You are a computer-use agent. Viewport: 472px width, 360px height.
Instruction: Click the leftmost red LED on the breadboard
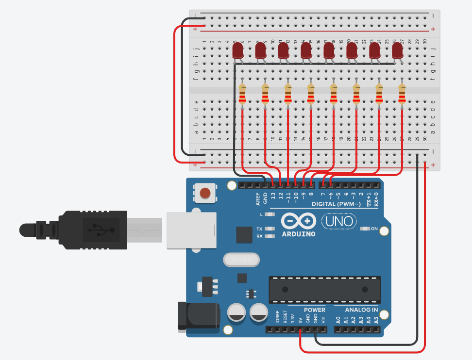click(x=238, y=50)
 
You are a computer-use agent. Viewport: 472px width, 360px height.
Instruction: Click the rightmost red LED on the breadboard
click(x=398, y=50)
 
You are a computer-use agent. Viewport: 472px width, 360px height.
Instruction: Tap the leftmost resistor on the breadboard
click(x=242, y=94)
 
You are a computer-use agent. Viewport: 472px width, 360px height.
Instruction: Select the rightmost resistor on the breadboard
click(x=402, y=94)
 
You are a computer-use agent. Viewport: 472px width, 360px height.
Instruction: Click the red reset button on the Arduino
click(x=205, y=193)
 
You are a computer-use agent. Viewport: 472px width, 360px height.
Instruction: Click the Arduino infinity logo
click(x=298, y=222)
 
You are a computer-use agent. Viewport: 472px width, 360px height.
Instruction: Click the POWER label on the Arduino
click(x=315, y=310)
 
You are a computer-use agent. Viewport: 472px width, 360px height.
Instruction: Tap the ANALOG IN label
click(x=361, y=310)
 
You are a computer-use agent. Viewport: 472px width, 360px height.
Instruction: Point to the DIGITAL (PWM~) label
click(x=336, y=204)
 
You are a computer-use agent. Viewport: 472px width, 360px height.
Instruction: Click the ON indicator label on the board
click(x=374, y=229)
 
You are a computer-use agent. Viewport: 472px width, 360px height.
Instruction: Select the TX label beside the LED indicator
click(x=259, y=229)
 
